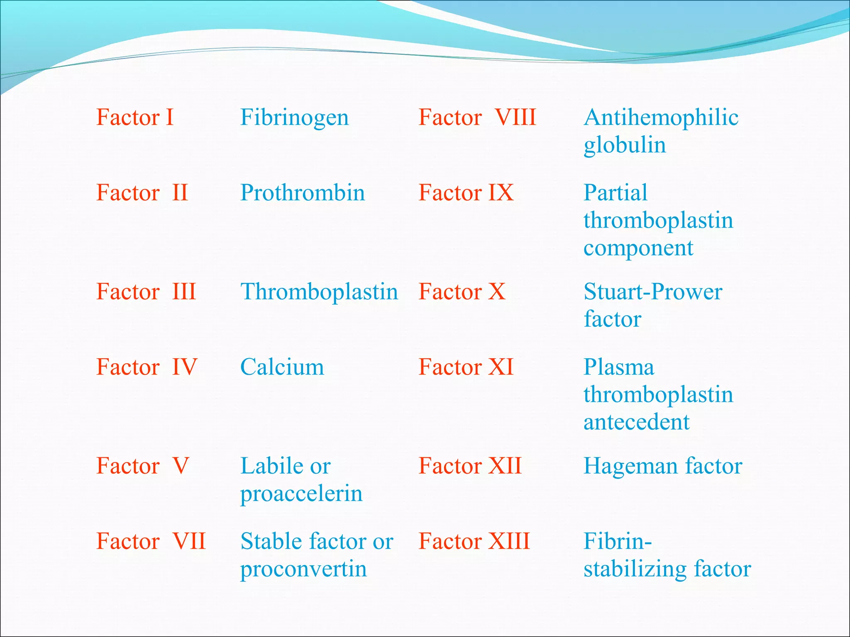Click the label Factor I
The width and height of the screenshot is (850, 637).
pyautogui.click(x=135, y=117)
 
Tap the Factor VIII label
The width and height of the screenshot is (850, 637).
pyautogui.click(x=477, y=117)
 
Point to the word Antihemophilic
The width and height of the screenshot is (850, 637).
pyautogui.click(x=661, y=117)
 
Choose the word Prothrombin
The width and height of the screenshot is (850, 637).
pyautogui.click(x=303, y=193)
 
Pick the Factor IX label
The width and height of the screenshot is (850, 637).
pyautogui.click(x=466, y=193)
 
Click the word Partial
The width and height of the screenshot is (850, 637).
pyautogui.click(x=616, y=193)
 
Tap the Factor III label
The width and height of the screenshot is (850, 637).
pyautogui.click(x=146, y=292)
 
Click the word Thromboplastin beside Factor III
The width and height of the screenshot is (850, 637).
pyautogui.click(x=319, y=292)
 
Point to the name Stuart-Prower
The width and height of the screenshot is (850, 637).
pyautogui.click(x=653, y=292)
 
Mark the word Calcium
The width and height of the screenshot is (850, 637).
pyautogui.click(x=282, y=367)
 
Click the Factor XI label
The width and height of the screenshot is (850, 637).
pyautogui.click(x=466, y=367)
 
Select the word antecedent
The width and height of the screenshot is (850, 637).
pyautogui.click(x=636, y=422)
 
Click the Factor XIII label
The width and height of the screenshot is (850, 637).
pyautogui.click(x=474, y=541)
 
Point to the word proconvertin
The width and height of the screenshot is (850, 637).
pyautogui.click(x=303, y=569)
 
